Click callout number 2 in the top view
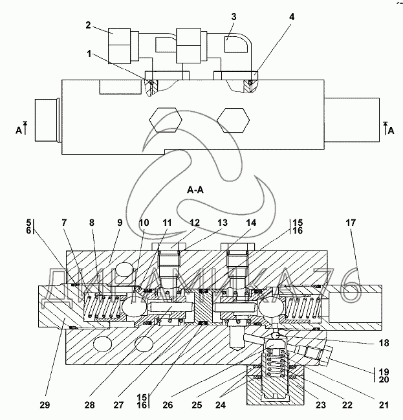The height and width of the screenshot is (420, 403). click(89, 25)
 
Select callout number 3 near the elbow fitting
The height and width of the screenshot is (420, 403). click(234, 17)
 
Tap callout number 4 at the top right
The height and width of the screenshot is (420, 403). click(292, 17)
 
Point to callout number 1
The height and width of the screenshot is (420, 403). click(89, 54)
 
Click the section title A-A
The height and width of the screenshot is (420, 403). click(195, 190)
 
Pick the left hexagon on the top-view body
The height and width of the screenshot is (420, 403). click(166, 120)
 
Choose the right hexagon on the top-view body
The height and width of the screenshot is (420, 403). click(234, 120)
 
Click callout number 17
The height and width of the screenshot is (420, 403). click(351, 223)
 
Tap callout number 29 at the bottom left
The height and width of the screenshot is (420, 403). click(45, 404)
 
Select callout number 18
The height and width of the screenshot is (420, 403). click(384, 343)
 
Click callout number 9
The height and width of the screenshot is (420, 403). click(120, 223)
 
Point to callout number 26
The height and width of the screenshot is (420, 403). click(168, 404)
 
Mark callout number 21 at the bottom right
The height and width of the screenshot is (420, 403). click(384, 404)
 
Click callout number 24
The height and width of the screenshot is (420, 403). click(221, 404)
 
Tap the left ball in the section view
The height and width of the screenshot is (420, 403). click(134, 305)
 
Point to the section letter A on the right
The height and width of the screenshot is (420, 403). click(391, 131)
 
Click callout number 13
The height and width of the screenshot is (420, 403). click(223, 223)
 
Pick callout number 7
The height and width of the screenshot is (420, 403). click(64, 223)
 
